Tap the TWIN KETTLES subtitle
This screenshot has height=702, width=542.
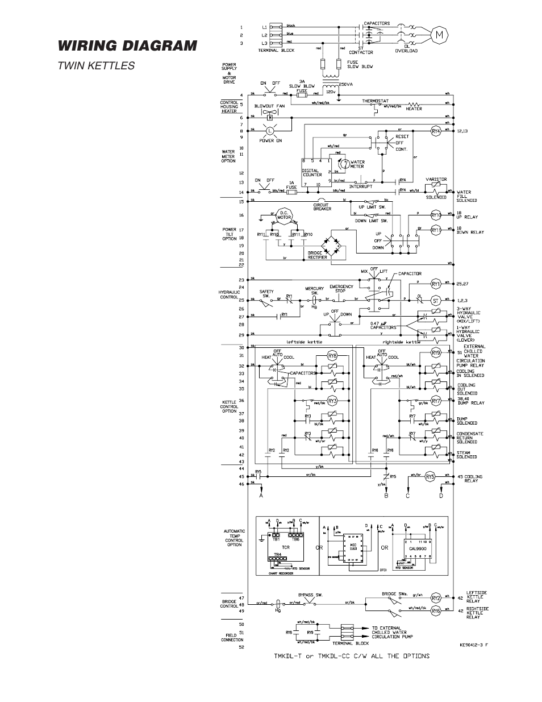[x=95, y=65]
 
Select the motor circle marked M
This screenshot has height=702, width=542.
[x=439, y=35]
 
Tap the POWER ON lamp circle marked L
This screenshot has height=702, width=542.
[x=270, y=131]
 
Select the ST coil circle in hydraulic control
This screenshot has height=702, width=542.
[x=436, y=300]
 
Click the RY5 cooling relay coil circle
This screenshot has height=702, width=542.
[x=430, y=477]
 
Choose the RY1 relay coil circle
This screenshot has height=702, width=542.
[x=436, y=283]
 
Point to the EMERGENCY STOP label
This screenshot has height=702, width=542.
[x=341, y=289]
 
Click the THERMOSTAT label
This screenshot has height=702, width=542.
[x=375, y=101]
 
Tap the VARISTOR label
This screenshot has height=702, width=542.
[x=436, y=179]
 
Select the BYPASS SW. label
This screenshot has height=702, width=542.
[x=310, y=595]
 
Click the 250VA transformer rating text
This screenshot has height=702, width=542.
[x=347, y=84]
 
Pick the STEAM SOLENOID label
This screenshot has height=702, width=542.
[x=467, y=455]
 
